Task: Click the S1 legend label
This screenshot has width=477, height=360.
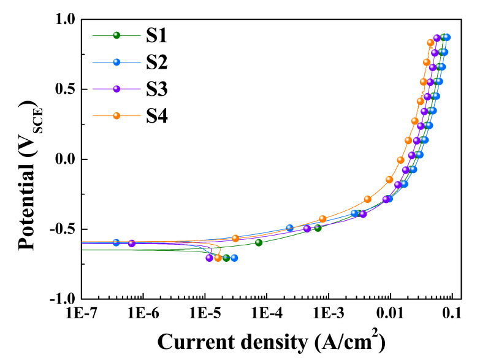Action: pyautogui.click(x=156, y=36)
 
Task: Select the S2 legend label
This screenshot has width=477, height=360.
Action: pyautogui.click(x=156, y=62)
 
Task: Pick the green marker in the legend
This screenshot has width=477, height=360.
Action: pyautogui.click(x=117, y=36)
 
